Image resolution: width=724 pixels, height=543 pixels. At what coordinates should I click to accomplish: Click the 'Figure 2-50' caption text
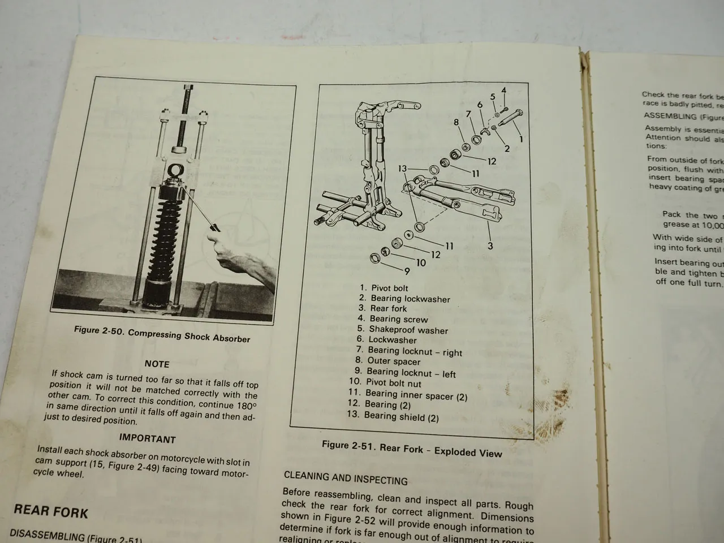click(162, 334)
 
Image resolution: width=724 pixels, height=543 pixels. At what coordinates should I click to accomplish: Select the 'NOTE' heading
click(157, 364)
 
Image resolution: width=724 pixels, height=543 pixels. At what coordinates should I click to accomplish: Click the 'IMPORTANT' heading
click(147, 438)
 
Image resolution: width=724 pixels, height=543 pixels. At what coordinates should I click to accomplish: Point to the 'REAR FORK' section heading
click(51, 511)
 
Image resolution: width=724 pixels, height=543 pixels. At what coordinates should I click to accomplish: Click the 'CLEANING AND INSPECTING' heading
click(345, 479)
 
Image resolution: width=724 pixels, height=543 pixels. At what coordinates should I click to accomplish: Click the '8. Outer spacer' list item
click(387, 361)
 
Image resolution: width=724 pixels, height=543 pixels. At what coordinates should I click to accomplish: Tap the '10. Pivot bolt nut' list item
click(385, 383)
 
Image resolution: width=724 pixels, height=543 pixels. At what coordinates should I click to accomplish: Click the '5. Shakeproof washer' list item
click(402, 329)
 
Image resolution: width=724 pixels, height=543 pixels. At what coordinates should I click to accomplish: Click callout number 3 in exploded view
click(490, 245)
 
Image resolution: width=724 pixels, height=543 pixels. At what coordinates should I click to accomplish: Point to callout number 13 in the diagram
click(402, 168)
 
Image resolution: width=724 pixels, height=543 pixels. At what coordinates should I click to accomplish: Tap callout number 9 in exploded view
click(406, 271)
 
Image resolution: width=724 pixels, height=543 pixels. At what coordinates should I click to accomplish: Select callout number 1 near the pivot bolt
click(521, 139)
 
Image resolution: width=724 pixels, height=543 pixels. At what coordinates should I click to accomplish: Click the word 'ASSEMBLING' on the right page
click(662, 116)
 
